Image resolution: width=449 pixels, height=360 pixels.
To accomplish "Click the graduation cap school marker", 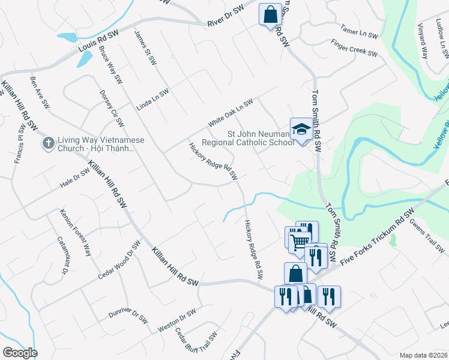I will point(300,129).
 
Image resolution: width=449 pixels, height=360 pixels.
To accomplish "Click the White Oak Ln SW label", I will point(231,112).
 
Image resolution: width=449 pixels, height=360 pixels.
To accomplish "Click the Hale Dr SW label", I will point(74,178).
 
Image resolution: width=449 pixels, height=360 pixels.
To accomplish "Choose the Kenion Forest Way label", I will point(75,232).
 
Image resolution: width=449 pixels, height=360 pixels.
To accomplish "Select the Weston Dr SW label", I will point(177,321).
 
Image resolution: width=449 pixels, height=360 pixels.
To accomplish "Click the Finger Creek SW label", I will point(354,49).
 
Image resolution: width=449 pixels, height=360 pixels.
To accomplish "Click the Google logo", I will point(20,353).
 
